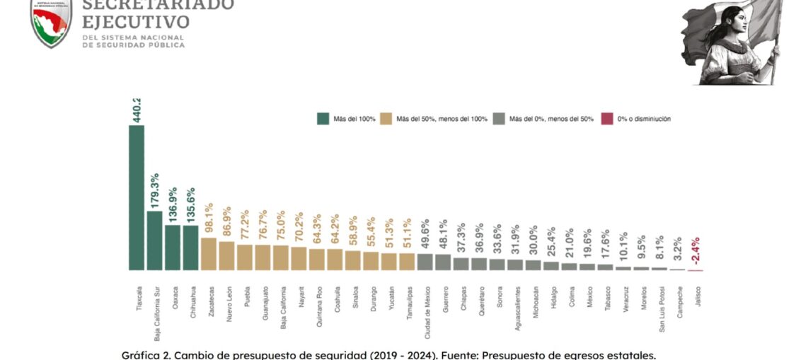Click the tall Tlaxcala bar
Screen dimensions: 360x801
coord(137,197)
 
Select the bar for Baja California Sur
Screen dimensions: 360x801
coord(154,240)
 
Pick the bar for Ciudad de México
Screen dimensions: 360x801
coord(425,262)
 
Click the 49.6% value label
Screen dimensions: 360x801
coord(425,236)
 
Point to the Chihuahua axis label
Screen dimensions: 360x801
coord(192,303)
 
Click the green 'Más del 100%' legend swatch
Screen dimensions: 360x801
coord(323,119)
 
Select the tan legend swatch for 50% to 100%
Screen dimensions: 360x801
coord(386,119)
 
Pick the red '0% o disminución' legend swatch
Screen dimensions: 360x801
coord(606,119)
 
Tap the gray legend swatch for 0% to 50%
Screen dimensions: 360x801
coord(500,119)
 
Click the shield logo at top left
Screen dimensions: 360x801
coord(52,21)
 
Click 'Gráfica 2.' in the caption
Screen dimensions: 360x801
coord(147,354)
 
